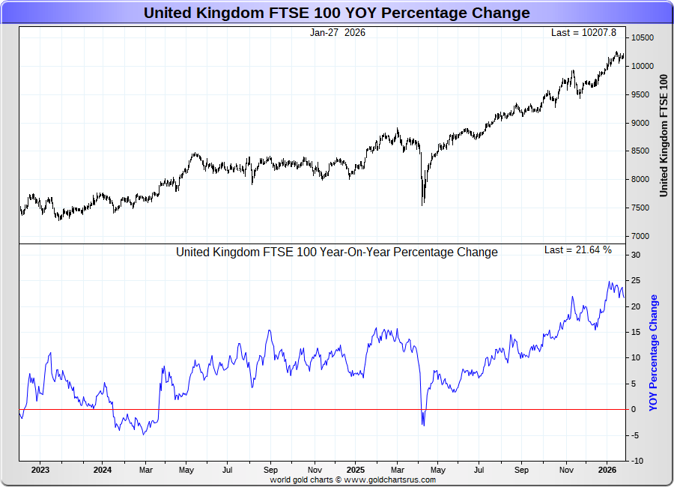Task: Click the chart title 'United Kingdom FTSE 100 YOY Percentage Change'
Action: [x=336, y=13]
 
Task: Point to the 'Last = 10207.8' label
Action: [x=583, y=33]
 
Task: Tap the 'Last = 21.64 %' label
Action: [x=578, y=249]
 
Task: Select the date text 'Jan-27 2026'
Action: [x=338, y=33]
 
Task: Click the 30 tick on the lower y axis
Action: [x=635, y=255]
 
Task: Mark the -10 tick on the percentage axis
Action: [x=636, y=461]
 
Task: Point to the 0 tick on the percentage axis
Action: [x=633, y=409]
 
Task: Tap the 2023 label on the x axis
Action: [x=40, y=471]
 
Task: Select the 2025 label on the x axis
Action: [x=356, y=471]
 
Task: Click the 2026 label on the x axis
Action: [x=607, y=471]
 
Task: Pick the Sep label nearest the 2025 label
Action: [x=271, y=471]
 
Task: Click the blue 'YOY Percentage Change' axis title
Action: [x=654, y=352]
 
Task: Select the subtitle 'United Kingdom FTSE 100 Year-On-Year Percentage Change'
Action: [x=336, y=252]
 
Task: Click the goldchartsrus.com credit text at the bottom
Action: [x=353, y=480]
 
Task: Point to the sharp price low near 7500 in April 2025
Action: [x=423, y=204]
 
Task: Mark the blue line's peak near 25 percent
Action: [x=609, y=282]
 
